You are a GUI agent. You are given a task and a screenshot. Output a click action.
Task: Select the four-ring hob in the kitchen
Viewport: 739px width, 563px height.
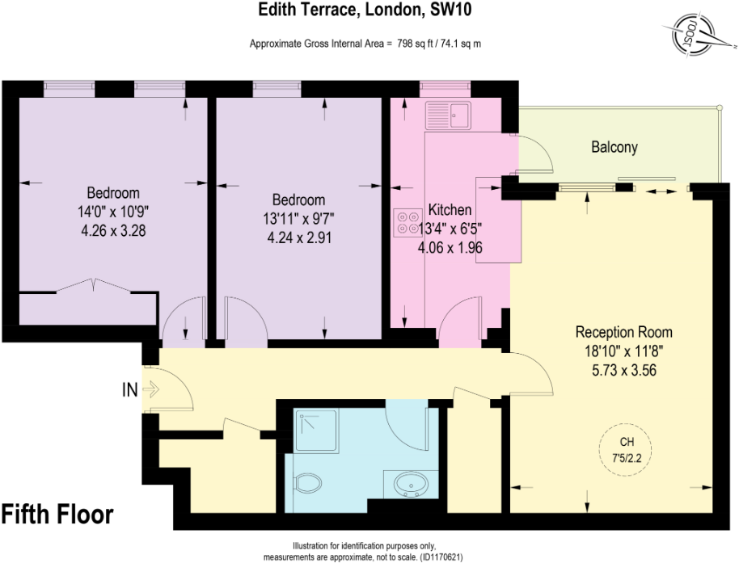click(403, 221)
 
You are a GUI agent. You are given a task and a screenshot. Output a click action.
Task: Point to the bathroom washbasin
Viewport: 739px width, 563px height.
click(410, 485)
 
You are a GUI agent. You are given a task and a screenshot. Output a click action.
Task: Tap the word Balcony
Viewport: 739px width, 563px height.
click(614, 147)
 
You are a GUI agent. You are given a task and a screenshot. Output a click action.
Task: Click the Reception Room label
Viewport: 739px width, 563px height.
click(623, 332)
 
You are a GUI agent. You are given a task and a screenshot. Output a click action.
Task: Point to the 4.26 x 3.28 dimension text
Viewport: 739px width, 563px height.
click(113, 229)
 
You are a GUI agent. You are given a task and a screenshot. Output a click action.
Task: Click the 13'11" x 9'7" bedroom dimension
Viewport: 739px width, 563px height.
click(298, 219)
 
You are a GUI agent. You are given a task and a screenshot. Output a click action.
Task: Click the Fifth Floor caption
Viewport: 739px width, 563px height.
click(57, 514)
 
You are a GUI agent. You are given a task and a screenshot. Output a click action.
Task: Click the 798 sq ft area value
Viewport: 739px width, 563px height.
click(417, 44)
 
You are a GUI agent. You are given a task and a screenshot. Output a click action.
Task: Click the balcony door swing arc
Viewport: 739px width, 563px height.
click(538, 153)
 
